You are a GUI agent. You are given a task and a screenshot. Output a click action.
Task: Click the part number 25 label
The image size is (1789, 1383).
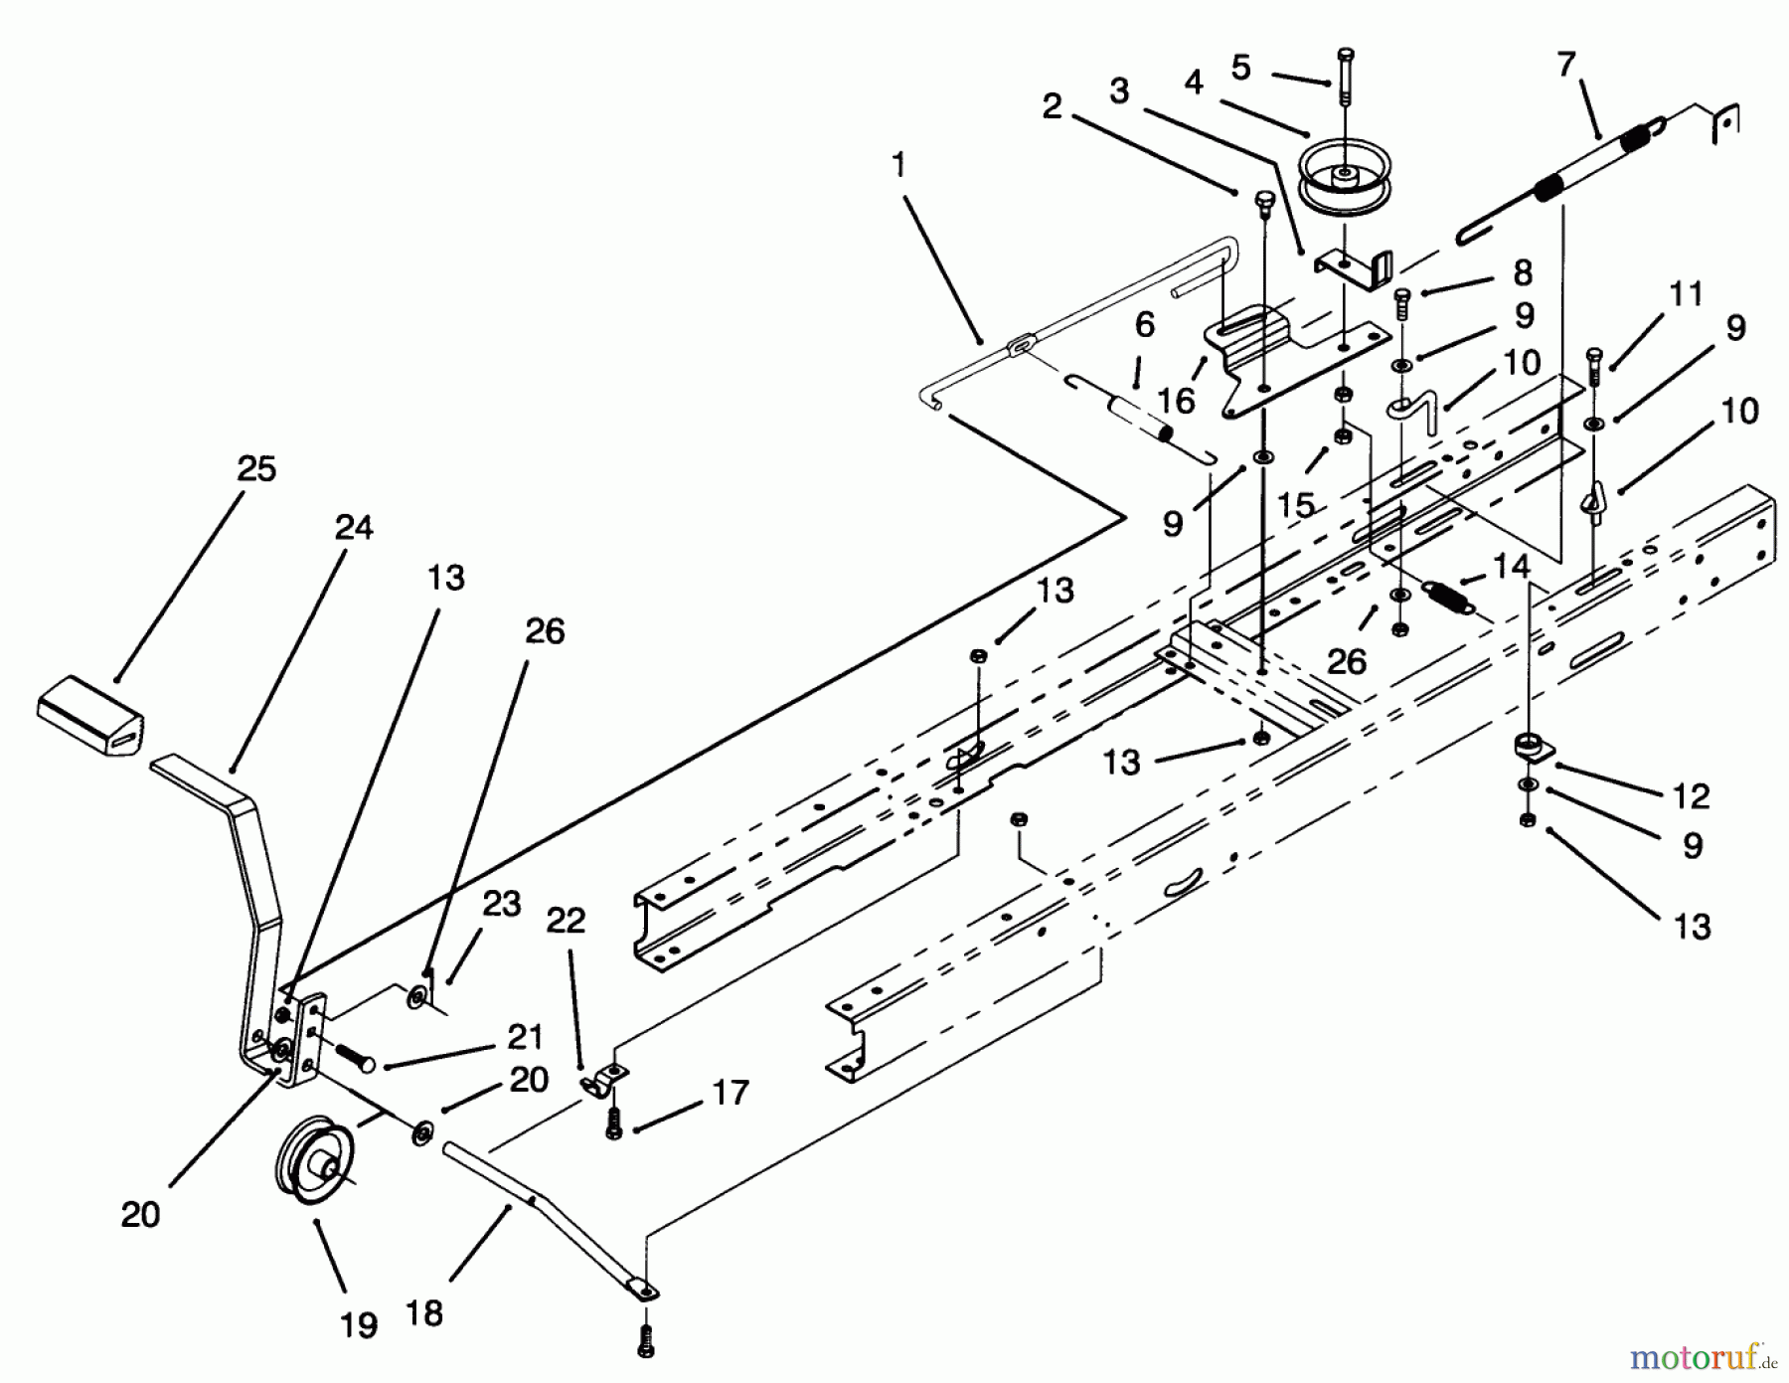tap(256, 469)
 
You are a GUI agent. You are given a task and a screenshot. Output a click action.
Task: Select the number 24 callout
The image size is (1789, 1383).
tap(353, 527)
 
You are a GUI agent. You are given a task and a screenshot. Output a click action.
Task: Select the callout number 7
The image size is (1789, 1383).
tap(1566, 67)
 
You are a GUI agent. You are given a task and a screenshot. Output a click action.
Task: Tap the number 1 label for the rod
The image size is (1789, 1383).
tap(899, 166)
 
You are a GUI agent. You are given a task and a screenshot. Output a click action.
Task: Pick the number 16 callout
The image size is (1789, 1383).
tap(1176, 402)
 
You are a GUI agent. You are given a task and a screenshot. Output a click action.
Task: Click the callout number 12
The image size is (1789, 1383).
tap(1691, 796)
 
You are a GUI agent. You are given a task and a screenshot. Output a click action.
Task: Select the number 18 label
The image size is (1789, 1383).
tap(424, 1312)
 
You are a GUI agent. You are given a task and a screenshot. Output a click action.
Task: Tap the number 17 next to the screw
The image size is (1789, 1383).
tap(731, 1094)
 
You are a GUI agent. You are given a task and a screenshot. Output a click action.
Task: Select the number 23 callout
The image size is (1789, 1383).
tap(501, 906)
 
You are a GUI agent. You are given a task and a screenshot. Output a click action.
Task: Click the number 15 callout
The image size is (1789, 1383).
tap(1296, 505)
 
